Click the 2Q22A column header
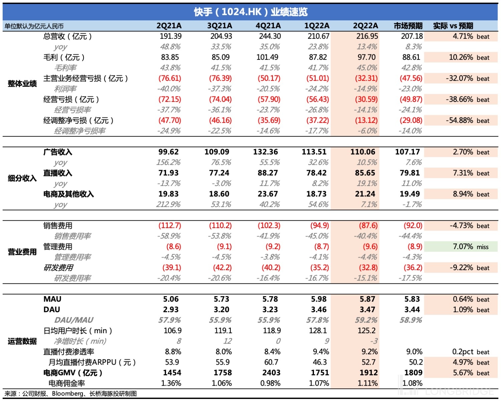tap(365, 26)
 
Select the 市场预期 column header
tap(408, 26)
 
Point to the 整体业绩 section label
tap(22, 83)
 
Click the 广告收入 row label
tap(58, 152)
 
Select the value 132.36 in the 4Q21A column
tap(265, 152)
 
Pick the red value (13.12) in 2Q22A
tap(366, 121)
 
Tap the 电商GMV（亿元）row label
tap(73, 373)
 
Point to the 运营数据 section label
tap(22, 341)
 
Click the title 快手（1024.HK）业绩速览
tap(251, 12)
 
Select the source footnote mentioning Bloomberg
tap(70, 394)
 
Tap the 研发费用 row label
tap(58, 268)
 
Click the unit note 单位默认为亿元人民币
tap(34, 26)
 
